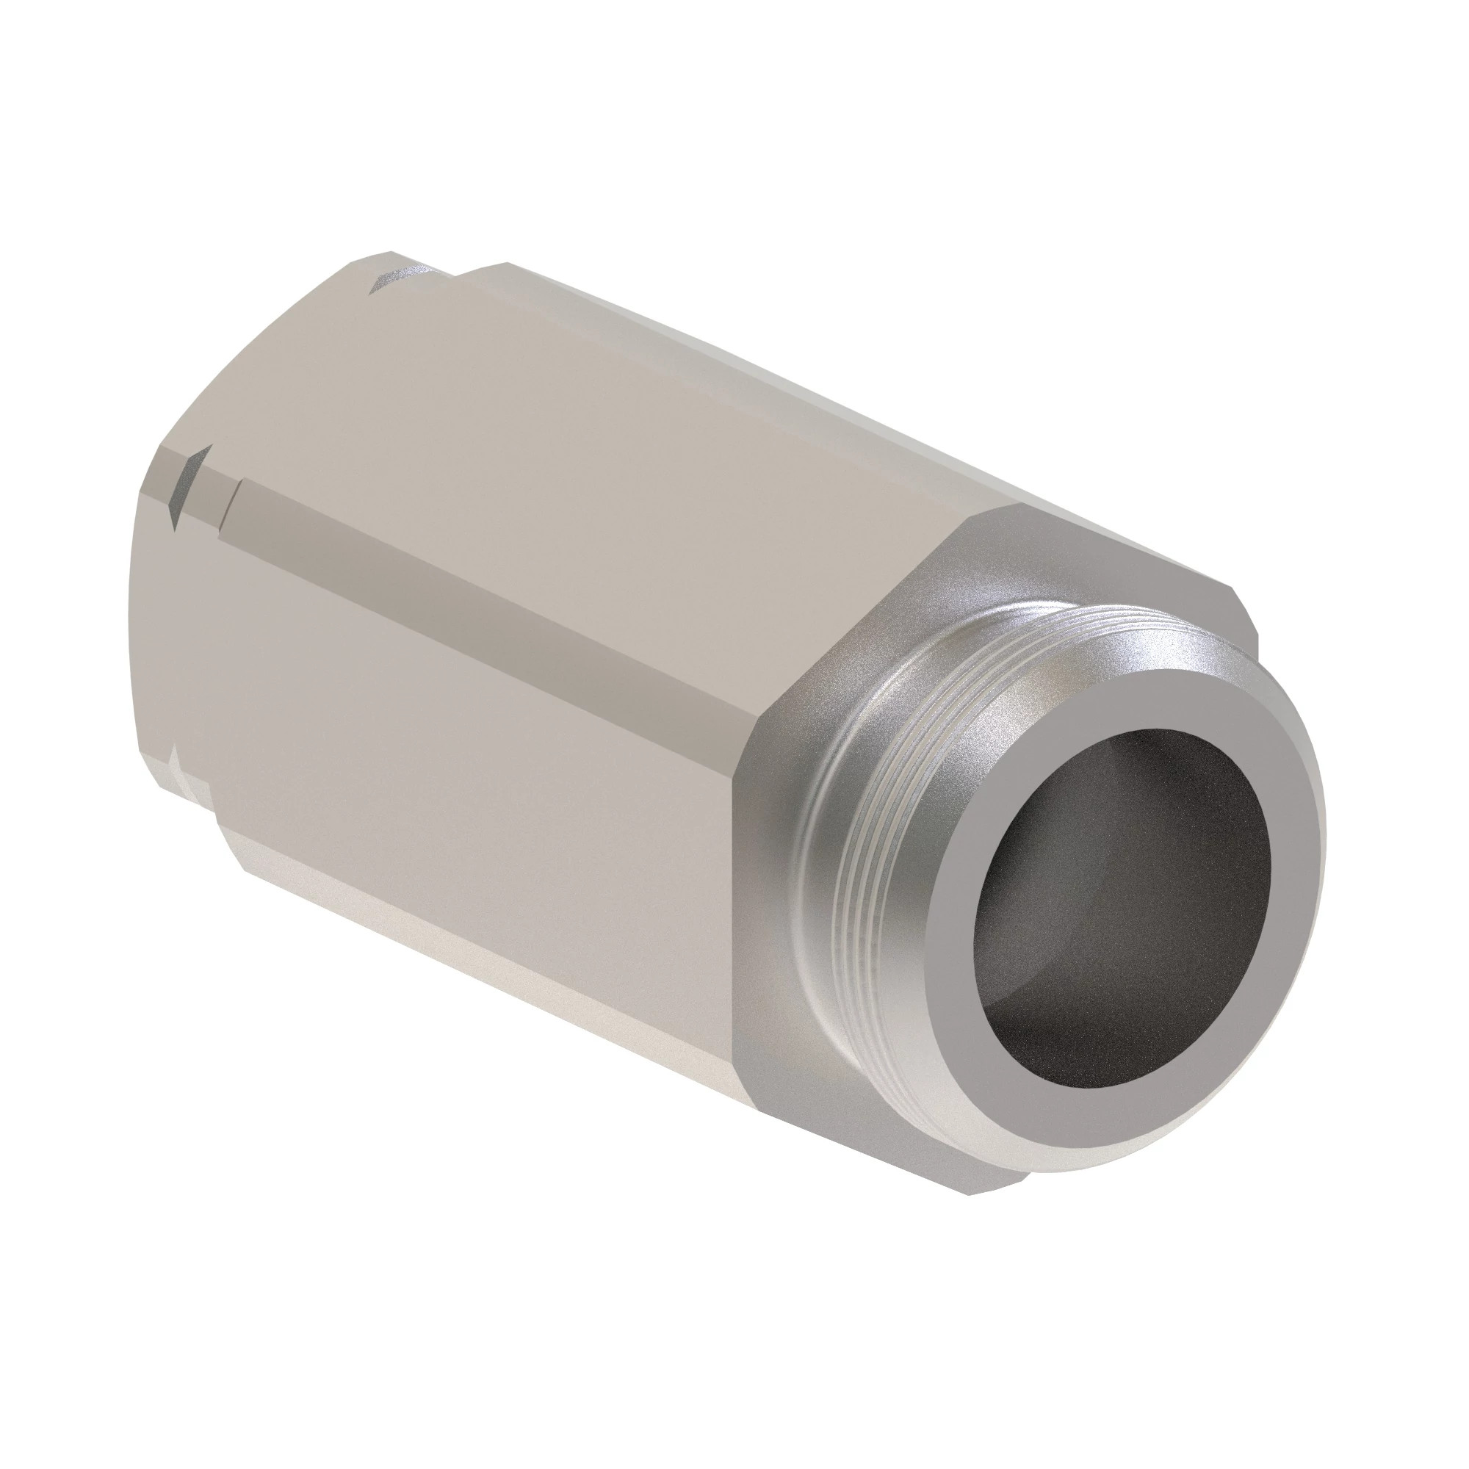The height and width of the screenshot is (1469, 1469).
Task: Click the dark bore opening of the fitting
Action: [x=1095, y=935]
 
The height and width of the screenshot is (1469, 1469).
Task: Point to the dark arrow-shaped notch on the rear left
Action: [x=187, y=487]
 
